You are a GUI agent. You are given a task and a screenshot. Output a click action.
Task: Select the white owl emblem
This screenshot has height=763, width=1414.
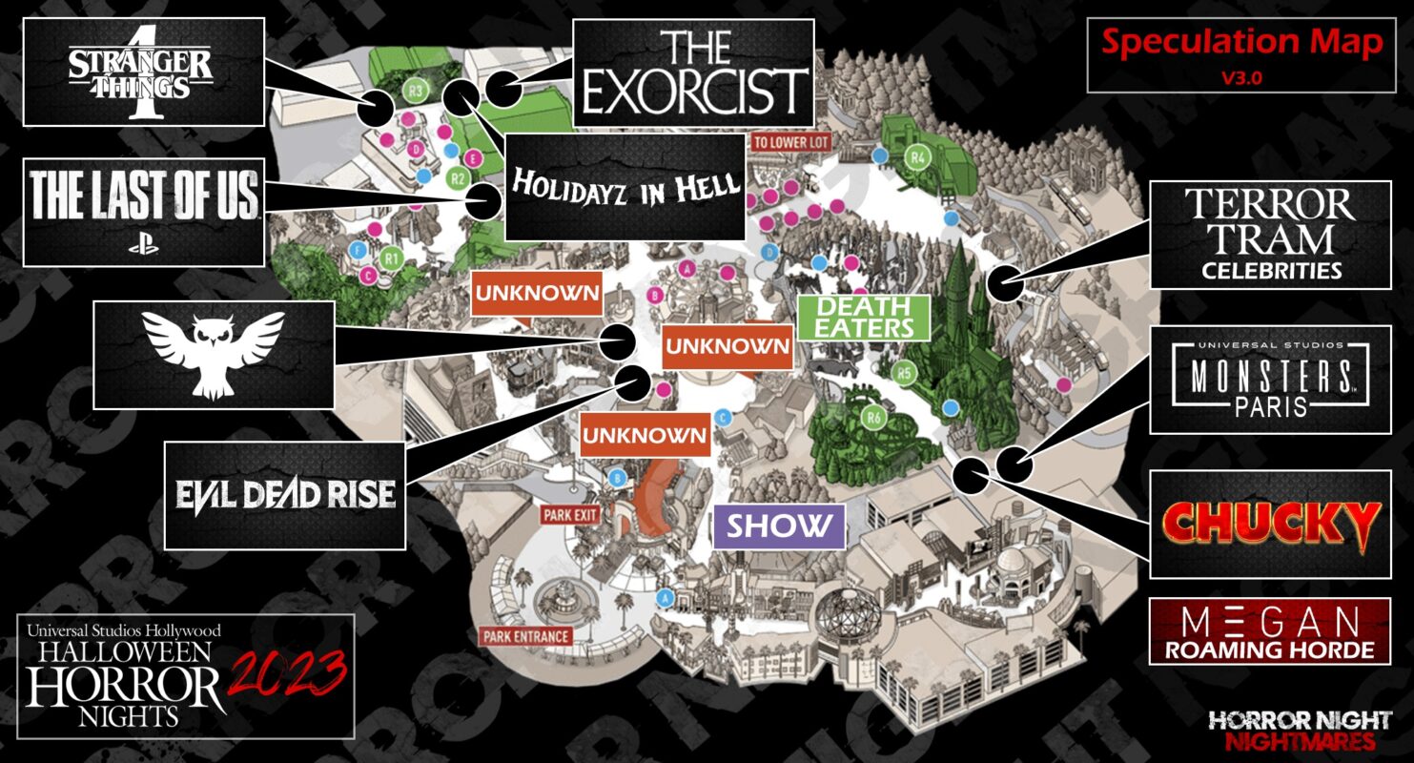[x=214, y=354]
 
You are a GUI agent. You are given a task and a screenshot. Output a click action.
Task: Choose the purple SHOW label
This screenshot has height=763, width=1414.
[x=779, y=526]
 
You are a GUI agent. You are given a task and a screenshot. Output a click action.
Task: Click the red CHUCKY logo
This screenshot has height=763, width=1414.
[x=1270, y=524]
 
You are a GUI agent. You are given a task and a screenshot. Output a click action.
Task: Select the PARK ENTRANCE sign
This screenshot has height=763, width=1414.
[x=525, y=636]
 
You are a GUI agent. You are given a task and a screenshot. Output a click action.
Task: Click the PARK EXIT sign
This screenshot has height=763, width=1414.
[x=571, y=515]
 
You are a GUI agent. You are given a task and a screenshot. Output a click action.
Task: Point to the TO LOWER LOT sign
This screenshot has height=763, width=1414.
[x=790, y=142]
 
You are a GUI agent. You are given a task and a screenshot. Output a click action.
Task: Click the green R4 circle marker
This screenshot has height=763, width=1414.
[x=918, y=157]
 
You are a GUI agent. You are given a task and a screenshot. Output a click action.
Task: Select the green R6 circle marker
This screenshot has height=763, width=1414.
[x=870, y=417]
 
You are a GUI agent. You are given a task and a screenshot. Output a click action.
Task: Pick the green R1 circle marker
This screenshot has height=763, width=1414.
[x=390, y=257]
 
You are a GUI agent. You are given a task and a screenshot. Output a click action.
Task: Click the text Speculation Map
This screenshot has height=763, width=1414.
[x=1241, y=42]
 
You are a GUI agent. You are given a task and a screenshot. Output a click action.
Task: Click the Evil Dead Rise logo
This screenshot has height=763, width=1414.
[x=286, y=494]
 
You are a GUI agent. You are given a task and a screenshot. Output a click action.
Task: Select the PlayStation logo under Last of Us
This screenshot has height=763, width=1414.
[x=143, y=243]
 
